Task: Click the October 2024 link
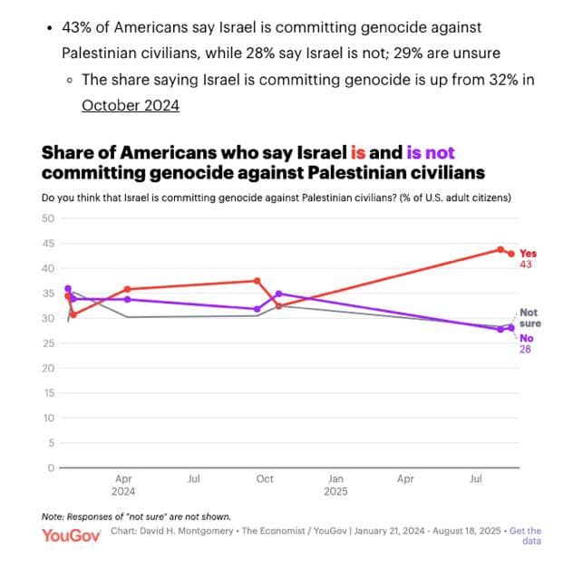coord(131,106)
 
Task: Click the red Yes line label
coord(528,254)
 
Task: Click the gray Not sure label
coord(529,317)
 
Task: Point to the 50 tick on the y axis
coord(49,218)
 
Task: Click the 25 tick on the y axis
coord(49,343)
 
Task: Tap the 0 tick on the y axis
coord(52,468)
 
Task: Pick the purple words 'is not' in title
coord(431,153)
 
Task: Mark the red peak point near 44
coord(500,249)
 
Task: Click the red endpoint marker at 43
coord(511,254)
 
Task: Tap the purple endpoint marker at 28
coord(511,328)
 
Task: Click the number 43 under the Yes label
coord(526,265)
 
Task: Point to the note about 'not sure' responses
coord(136,516)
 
